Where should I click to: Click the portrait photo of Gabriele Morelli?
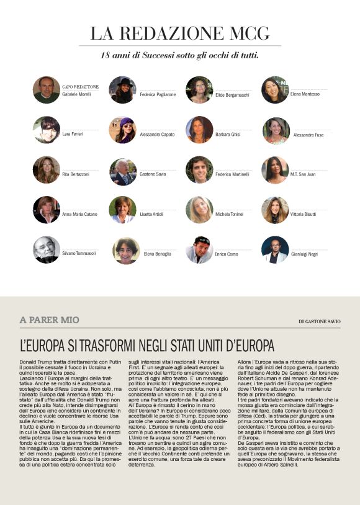click(x=47, y=90)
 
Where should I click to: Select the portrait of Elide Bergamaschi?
click(x=199, y=90)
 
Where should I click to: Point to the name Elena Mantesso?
click(x=305, y=94)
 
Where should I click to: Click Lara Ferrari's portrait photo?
click(x=47, y=130)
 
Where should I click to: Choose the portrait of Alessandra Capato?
click(x=123, y=130)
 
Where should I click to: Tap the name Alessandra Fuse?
click(x=308, y=134)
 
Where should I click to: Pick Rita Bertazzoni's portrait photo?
click(x=47, y=170)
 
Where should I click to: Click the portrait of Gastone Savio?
click(x=123, y=171)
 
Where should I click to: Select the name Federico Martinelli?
click(x=233, y=174)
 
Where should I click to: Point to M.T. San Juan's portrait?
click(x=275, y=170)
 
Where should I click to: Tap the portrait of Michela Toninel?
click(x=199, y=210)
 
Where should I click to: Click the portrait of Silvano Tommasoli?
click(x=47, y=249)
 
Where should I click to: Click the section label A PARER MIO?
click(x=50, y=320)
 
